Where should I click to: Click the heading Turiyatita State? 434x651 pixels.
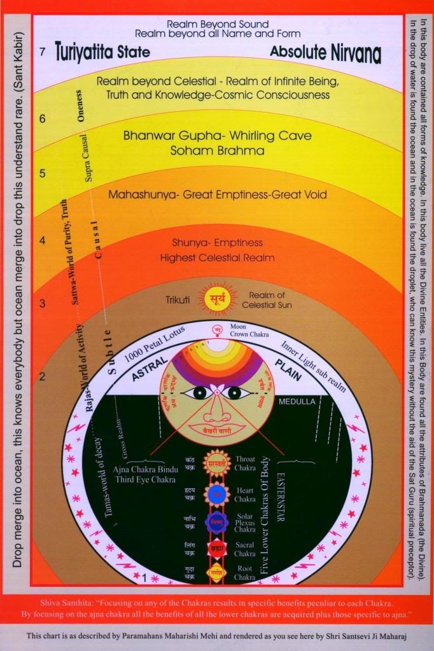[x=102, y=51]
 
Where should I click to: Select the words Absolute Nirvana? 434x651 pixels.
[x=325, y=53]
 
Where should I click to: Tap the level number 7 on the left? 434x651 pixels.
[x=42, y=52]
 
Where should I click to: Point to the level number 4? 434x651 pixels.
[x=42, y=240]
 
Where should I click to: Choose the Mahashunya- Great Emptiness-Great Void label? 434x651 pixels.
[x=217, y=195]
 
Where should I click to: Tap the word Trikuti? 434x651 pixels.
[x=179, y=299]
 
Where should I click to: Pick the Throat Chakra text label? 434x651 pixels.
[x=245, y=463]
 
